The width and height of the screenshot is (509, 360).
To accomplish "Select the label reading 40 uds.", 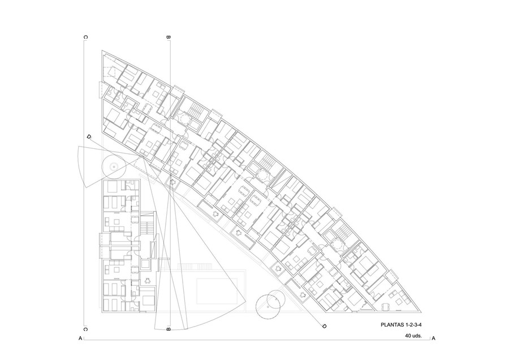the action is pos(413,336).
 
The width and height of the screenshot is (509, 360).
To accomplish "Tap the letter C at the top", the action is pos(85,37).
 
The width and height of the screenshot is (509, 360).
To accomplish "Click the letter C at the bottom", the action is pos(85,329).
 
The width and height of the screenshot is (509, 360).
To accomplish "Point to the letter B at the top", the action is pos(168,37).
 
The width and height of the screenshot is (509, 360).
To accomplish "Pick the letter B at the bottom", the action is pos(168,329).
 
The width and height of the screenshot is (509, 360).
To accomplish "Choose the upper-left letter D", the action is pos(89,137).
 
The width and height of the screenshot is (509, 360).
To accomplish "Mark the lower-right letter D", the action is pos(323,326).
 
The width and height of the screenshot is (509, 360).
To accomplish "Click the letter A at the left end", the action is pos(80,338).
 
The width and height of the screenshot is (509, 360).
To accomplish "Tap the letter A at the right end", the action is pos(433,338).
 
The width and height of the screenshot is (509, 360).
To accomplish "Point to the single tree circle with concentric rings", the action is pos(114,166).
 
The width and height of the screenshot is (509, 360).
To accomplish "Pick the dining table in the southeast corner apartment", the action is pos(386,306).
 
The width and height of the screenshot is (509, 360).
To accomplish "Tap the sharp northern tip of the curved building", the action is pos(102,51).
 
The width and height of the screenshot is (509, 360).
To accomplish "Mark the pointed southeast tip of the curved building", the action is pos(421,312).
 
